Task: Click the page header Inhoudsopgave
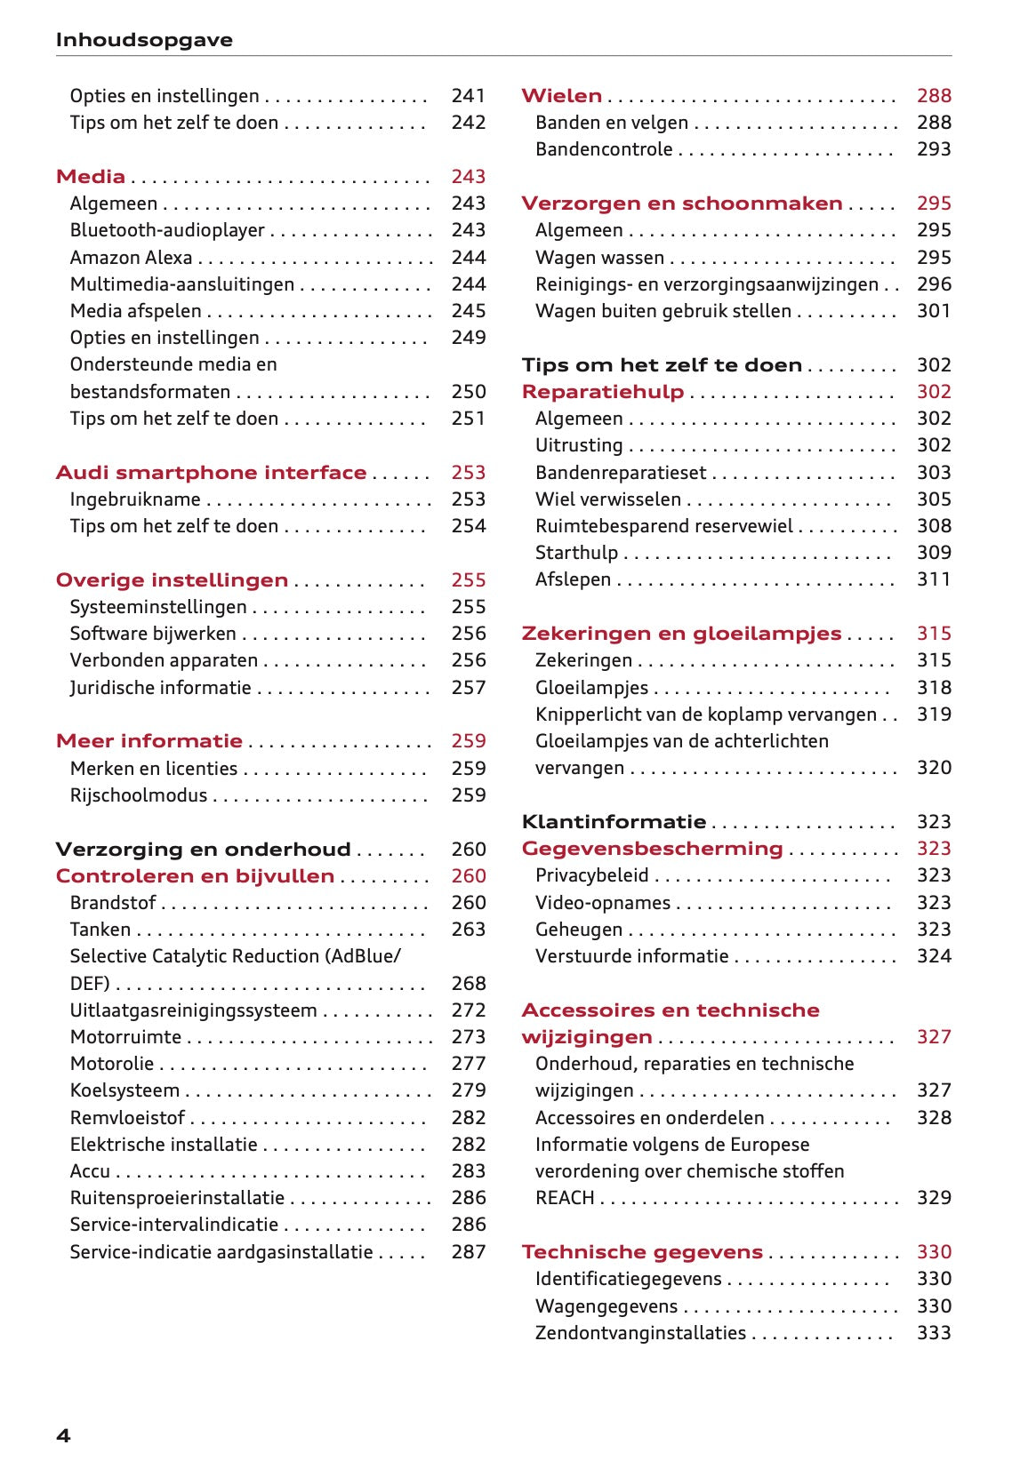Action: [144, 40]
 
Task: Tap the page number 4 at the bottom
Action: [63, 1435]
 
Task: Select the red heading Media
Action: [90, 176]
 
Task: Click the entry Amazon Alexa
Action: [131, 258]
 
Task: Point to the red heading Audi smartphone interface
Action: [211, 473]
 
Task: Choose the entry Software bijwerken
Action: [153, 634]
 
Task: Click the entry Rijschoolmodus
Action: [138, 795]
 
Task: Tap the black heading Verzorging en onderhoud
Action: [203, 850]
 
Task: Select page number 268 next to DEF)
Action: [468, 984]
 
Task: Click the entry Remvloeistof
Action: [127, 1118]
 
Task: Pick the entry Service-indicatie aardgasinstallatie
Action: [221, 1252]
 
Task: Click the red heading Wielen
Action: [561, 96]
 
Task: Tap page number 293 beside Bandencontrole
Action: [934, 149]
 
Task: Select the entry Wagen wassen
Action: [599, 258]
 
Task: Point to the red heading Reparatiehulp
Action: [602, 392]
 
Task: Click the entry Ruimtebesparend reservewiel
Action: [663, 526]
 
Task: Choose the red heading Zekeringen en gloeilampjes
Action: [681, 634]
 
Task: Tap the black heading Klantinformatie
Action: [614, 822]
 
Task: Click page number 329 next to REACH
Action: [934, 1198]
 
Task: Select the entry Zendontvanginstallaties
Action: [640, 1333]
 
